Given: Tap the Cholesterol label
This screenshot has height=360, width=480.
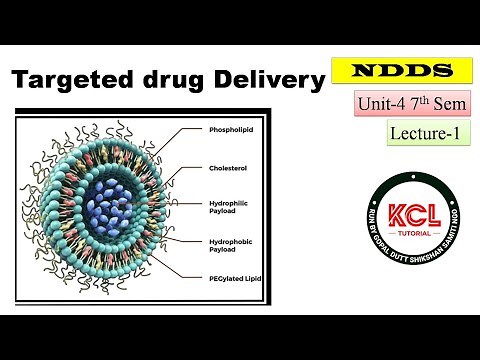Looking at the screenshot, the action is pos(228,167).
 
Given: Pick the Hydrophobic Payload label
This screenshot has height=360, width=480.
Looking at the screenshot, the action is pos(231,245).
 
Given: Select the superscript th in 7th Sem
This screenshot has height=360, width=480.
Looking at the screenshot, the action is pos(433,97).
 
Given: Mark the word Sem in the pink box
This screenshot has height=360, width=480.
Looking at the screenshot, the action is pos(453,104).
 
